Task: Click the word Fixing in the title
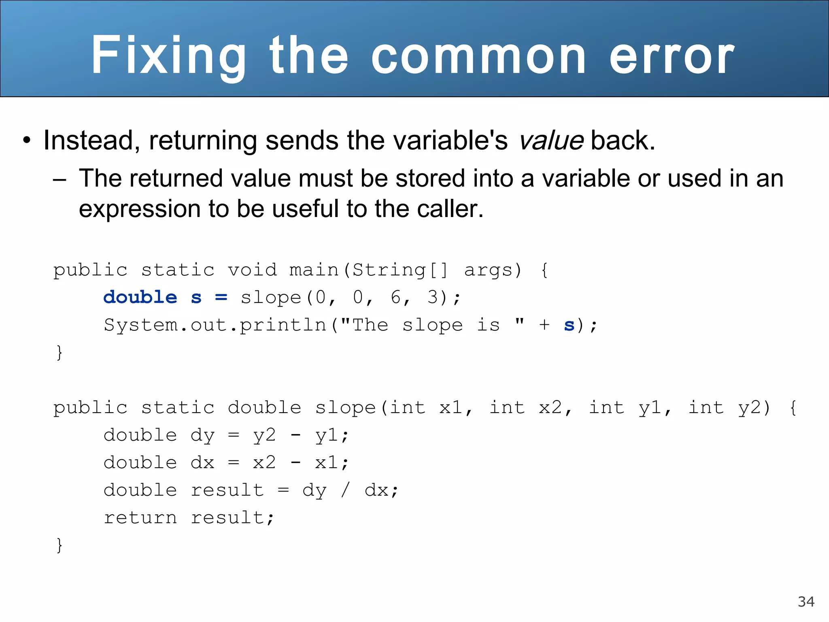[168, 55]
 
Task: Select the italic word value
[551, 141]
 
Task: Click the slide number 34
[806, 602]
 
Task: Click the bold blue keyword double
[140, 298]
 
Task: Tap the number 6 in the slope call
[395, 298]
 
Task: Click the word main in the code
[314, 270]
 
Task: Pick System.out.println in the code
[215, 325]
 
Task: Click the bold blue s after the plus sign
[569, 325]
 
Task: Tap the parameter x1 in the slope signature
[451, 408]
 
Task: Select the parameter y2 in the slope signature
[749, 408]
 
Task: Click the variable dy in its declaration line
[202, 436]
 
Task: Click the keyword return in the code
[140, 518]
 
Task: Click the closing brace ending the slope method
[60, 545]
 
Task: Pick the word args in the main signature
[488, 271]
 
